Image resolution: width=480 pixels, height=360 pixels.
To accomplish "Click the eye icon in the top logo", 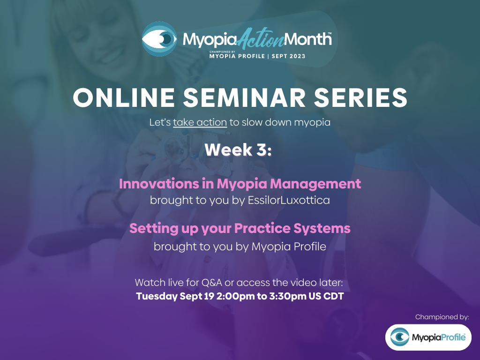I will [x=159, y=39].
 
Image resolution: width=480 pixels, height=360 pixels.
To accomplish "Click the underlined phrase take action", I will [x=200, y=123].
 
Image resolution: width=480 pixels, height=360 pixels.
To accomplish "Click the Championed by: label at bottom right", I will [x=442, y=317].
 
